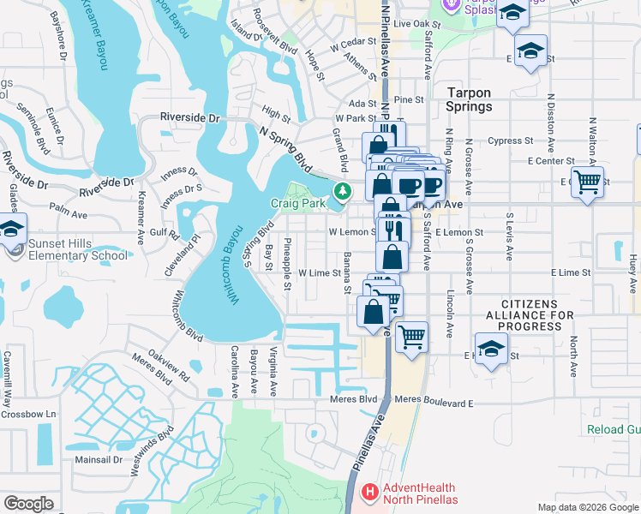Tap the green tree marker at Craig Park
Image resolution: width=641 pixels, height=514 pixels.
coord(342,190)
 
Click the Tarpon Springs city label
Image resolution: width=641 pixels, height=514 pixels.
coord(469,99)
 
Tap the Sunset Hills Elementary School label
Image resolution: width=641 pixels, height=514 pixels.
coord(78,248)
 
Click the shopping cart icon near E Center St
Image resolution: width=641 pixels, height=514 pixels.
coord(587,182)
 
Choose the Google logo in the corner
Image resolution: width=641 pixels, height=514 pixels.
coord(28,504)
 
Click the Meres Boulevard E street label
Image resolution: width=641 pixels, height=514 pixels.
coord(434,403)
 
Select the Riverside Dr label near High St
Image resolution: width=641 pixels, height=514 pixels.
coord(190,117)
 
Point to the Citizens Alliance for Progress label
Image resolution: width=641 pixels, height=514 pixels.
coord(537,315)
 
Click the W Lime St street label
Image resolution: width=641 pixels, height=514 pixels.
coord(320,272)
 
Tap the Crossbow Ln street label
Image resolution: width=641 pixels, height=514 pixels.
coord(27,414)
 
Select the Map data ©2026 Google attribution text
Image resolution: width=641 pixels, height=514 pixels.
coord(588,507)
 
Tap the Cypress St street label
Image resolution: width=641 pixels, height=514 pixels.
coord(510,141)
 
